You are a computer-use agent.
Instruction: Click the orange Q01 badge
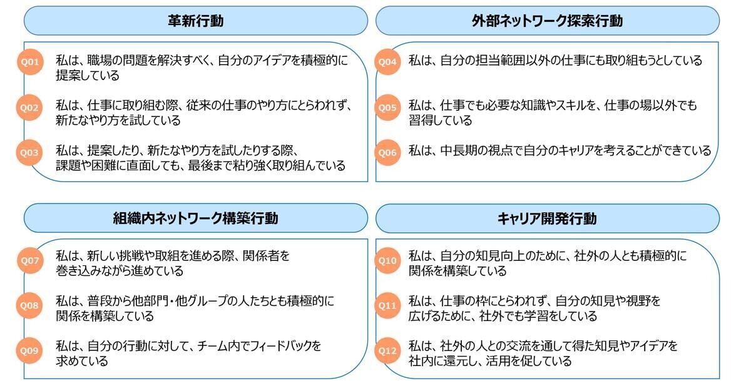(x=30, y=62)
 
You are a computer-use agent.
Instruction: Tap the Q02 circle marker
(x=29, y=108)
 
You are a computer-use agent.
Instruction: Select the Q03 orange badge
(x=29, y=153)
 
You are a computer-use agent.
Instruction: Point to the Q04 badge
(x=387, y=62)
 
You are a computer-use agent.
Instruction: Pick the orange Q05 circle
(x=387, y=108)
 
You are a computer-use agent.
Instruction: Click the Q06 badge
(x=387, y=153)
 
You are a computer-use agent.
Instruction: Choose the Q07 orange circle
(x=30, y=261)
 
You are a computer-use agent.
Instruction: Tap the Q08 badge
(x=29, y=305)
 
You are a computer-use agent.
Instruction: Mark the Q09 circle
(x=29, y=351)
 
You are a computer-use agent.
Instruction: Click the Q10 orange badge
(x=387, y=261)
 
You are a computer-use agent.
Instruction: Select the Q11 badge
(x=387, y=305)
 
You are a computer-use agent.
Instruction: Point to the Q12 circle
(x=387, y=351)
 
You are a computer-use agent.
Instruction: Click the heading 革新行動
(x=196, y=21)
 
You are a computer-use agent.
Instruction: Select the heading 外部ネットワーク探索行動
(x=548, y=21)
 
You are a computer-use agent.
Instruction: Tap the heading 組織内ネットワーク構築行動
(x=196, y=218)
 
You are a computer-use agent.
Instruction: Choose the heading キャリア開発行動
(x=547, y=218)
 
